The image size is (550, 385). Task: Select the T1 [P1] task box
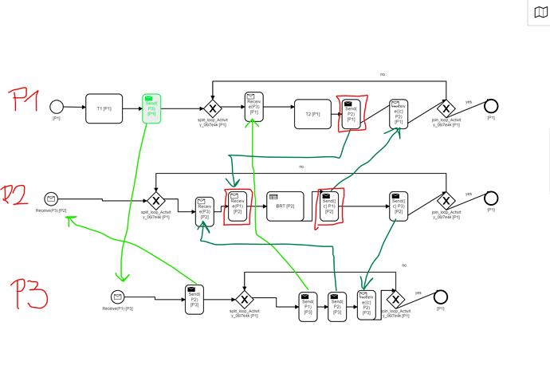(x=104, y=108)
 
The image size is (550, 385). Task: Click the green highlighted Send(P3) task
(x=151, y=108)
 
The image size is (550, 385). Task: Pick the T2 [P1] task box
(x=312, y=114)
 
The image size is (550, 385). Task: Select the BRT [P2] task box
(x=285, y=206)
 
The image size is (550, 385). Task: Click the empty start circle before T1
(x=57, y=107)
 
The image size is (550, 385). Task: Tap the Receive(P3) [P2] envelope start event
(x=51, y=199)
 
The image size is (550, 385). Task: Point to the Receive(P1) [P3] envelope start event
(x=118, y=297)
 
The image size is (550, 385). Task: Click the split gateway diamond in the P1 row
(x=212, y=109)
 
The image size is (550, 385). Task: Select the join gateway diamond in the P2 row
(x=446, y=200)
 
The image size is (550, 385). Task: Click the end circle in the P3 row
(x=440, y=297)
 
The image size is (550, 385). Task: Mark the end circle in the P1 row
(x=491, y=107)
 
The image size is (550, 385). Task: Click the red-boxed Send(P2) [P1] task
(x=351, y=113)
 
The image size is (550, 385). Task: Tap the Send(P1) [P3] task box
(x=308, y=307)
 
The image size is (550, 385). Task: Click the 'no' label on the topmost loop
(x=383, y=74)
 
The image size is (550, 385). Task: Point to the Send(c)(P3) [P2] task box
(x=399, y=206)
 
